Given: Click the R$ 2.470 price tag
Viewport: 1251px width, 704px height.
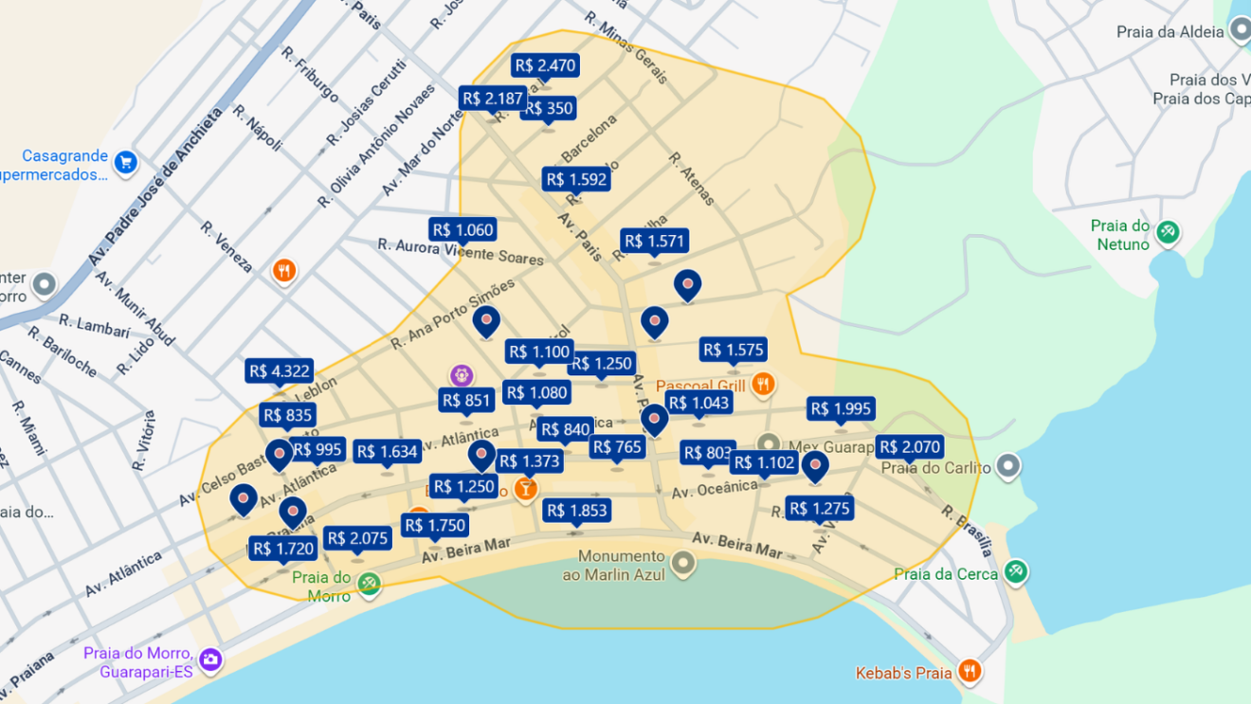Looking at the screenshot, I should pos(545,65).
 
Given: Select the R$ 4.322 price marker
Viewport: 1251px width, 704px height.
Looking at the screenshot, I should pos(279,371).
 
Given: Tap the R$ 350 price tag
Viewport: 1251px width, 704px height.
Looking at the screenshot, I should pos(549,109).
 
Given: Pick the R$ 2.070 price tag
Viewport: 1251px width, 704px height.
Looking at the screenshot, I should pos(910,447).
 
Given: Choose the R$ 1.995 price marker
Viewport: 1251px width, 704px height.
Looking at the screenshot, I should pos(841,409).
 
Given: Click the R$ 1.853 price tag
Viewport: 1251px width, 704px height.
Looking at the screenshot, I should pos(576,511).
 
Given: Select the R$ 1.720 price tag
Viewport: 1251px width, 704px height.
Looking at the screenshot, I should pos(282,549).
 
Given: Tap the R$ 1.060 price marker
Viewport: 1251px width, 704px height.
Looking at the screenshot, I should pos(462,230).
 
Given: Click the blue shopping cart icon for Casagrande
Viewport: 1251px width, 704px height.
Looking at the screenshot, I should pos(125,163).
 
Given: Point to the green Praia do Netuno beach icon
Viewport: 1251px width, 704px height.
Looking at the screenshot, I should pos(1168,231).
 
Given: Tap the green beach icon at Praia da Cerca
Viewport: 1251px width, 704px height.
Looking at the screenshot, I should pos(1016,571).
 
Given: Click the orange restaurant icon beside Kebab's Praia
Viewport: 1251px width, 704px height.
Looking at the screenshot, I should pos(969,672).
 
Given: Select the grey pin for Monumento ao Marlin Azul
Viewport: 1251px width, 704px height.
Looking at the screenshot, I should pos(682,565).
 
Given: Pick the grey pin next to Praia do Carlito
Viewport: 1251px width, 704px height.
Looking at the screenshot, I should pos(1008,466).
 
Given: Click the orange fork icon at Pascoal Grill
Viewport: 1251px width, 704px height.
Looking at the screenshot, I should pos(763,384).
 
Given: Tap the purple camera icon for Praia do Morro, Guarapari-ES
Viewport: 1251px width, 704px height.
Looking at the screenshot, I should pos(210,659).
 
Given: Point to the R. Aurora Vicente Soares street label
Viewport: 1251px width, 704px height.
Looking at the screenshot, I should pos(461,252).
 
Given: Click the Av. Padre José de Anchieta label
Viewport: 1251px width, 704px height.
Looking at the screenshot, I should pos(156,187).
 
